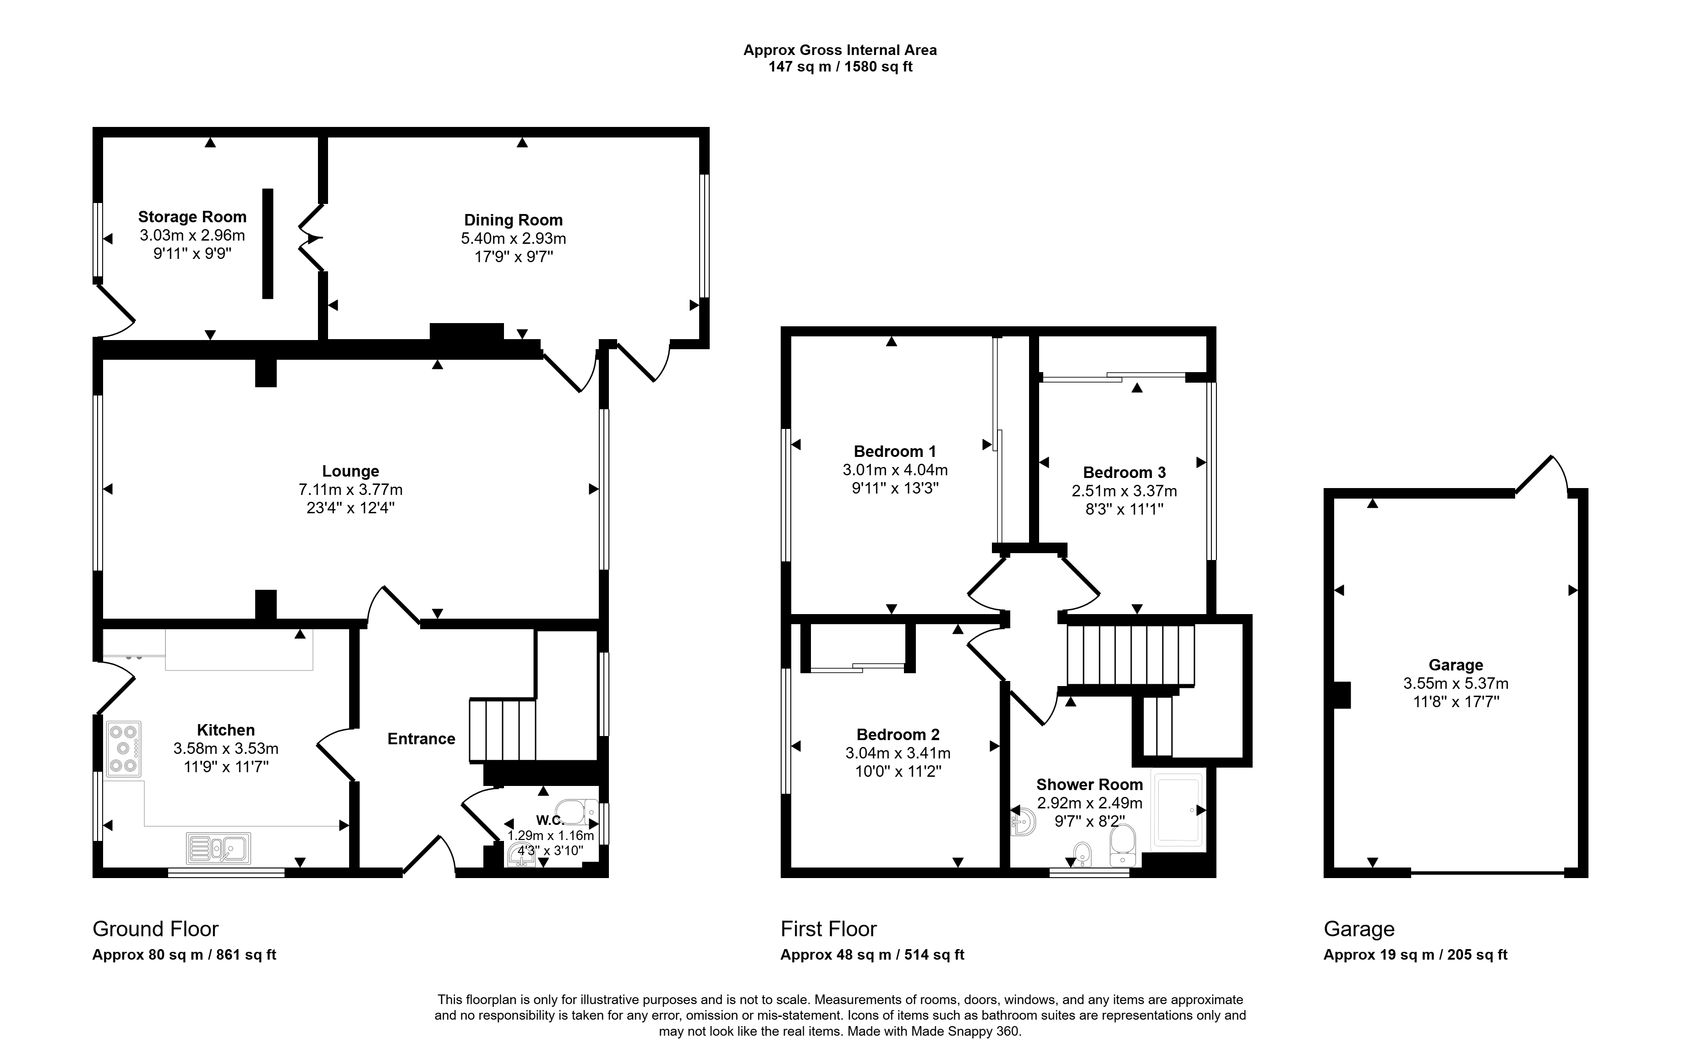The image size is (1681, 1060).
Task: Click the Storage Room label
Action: [x=192, y=217]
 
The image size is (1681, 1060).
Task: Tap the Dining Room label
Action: [x=513, y=220]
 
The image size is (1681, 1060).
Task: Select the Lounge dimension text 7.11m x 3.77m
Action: [x=350, y=489]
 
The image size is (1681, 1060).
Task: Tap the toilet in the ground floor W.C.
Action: [x=579, y=812]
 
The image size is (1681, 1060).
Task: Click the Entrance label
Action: [x=421, y=739]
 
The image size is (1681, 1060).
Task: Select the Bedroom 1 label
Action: [x=895, y=452]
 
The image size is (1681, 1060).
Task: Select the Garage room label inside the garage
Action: [x=1456, y=665]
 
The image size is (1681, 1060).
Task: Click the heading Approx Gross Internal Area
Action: [x=840, y=50]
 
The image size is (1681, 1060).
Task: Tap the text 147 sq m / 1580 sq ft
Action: [x=840, y=67]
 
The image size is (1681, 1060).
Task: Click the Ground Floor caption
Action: [x=156, y=929]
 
